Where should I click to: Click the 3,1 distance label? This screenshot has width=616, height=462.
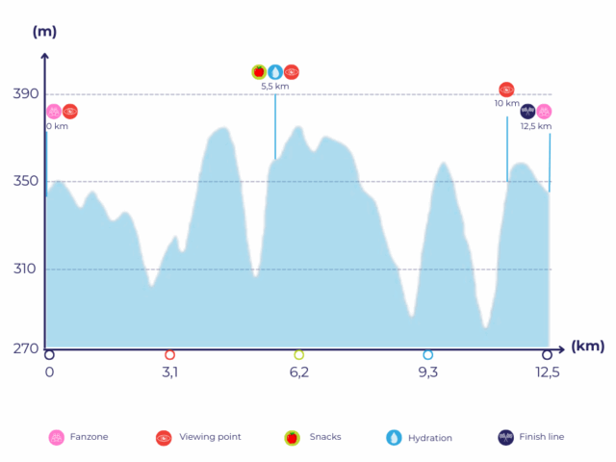[x=169, y=373]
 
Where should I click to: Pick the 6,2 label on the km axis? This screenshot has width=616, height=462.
[x=298, y=373]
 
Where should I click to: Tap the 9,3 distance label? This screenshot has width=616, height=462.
[x=427, y=373]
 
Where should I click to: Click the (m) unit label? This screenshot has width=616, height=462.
[x=44, y=32]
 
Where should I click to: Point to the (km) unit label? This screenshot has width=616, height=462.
[x=587, y=345]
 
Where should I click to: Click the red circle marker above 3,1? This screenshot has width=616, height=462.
[x=169, y=355]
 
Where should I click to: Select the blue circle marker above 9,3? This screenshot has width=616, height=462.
[x=427, y=355]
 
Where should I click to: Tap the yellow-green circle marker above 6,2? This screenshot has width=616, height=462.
[x=298, y=355]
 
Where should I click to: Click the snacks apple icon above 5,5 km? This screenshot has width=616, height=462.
[x=258, y=71]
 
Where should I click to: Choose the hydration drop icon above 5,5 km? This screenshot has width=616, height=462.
[x=274, y=71]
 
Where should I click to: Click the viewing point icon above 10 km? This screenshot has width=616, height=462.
[x=506, y=90]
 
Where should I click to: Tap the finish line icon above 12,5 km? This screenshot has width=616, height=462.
[x=527, y=112]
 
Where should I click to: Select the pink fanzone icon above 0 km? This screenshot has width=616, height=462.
[x=54, y=112]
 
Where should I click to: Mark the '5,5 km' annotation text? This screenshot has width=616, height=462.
[x=274, y=87]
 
